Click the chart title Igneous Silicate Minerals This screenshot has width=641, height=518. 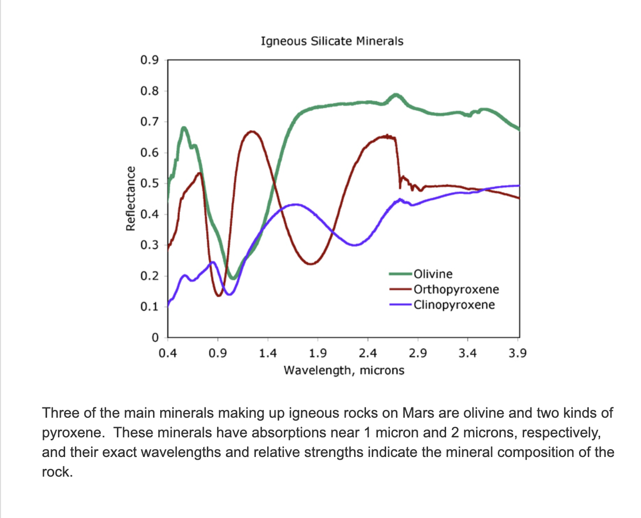tap(332, 41)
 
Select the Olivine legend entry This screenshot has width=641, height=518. tap(433, 274)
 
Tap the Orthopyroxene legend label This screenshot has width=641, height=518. tap(456, 290)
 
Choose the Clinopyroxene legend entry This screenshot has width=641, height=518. tap(454, 305)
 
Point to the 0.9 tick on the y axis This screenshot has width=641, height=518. tap(149, 60)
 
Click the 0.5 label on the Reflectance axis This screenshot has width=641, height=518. tap(149, 183)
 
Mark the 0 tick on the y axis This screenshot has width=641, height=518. tap(155, 338)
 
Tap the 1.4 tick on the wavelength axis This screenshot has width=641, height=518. tap(268, 354)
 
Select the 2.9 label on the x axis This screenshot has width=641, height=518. tap(418, 354)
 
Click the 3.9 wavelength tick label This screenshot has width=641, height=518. tap(517, 354)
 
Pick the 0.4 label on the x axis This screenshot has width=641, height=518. tap(167, 354)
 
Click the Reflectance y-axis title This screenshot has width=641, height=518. tap(131, 198)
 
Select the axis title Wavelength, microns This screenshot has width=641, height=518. tap(344, 370)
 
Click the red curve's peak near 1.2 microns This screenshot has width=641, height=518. tap(252, 132)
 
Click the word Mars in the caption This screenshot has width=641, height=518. tap(418, 413)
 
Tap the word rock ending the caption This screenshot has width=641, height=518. tap(56, 472)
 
